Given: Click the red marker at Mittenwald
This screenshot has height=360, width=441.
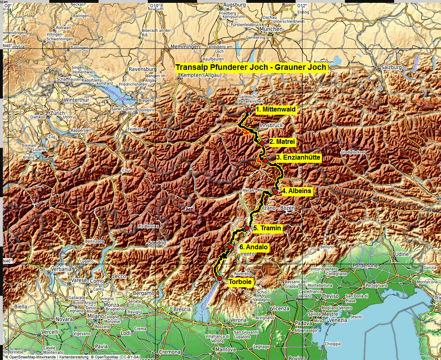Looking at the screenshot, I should (x=248, y=110).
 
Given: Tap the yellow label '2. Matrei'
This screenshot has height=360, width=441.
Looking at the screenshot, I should (x=282, y=142).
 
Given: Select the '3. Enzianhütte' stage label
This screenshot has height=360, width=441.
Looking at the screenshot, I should (x=298, y=157).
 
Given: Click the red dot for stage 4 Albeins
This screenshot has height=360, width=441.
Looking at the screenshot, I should (x=275, y=192).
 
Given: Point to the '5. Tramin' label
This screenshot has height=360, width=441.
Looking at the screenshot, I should (x=267, y=228).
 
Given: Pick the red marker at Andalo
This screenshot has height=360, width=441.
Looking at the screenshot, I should (x=229, y=247).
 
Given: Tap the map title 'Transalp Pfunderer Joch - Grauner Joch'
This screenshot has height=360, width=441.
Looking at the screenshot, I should (x=251, y=67).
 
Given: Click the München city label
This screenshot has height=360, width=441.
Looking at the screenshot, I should (x=271, y=29).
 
